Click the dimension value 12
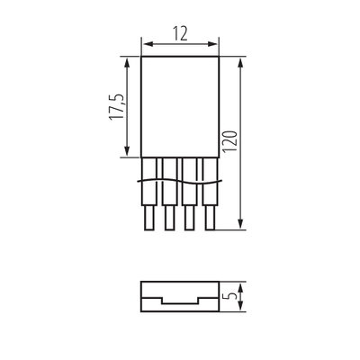[180, 33]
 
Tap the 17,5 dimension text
[116, 107]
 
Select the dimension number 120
[231, 141]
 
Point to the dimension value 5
[232, 296]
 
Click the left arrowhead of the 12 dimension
[148, 44]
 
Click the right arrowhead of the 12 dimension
[211, 44]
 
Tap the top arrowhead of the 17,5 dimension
[127, 64]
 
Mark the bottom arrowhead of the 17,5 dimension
[127, 149]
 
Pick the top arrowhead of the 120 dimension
[240, 64]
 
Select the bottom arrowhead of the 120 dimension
[240, 223]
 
